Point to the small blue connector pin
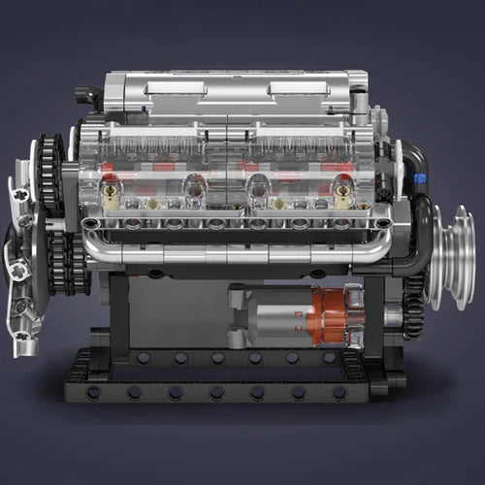point(421,178)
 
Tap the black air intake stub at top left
point(87,96)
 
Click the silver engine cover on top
point(233,95)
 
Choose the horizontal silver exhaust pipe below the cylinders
point(233,250)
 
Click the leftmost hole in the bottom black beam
point(93,393)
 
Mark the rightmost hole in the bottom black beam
point(339,393)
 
